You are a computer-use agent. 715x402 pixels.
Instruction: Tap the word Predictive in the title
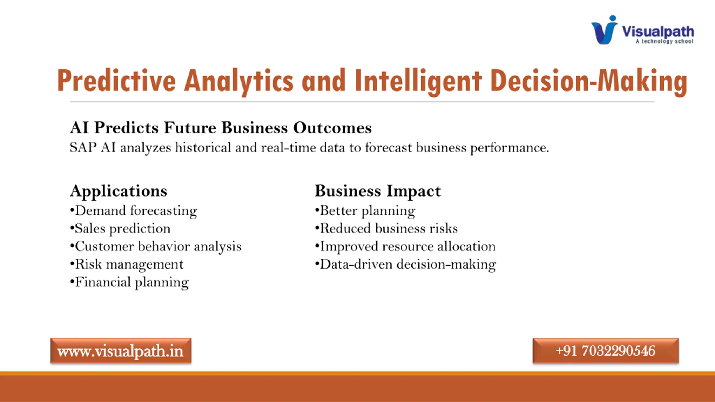[x=116, y=81]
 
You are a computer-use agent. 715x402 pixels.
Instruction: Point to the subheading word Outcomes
[x=332, y=128]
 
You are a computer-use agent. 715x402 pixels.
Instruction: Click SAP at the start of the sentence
[x=83, y=147]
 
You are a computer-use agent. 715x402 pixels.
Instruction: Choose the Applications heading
[x=119, y=192]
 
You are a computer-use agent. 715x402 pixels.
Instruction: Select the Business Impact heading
[x=378, y=192]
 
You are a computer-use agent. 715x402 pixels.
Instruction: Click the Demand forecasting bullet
[x=134, y=211]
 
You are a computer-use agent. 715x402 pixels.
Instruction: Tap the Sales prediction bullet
[x=120, y=229]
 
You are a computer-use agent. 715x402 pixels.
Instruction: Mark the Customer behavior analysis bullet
[x=156, y=247]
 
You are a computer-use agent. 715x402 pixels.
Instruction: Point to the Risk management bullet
[x=127, y=264]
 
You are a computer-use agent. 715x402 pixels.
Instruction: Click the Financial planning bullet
[x=130, y=282]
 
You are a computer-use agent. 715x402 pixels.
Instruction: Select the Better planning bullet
[x=365, y=211]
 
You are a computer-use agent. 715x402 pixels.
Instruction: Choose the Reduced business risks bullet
[x=387, y=228]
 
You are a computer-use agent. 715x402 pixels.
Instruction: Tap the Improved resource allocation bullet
[x=405, y=247]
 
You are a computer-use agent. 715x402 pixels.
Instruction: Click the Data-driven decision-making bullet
[x=406, y=264]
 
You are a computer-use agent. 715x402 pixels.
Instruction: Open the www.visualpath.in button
[x=121, y=351]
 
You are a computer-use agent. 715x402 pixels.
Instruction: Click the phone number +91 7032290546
[x=606, y=351]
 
